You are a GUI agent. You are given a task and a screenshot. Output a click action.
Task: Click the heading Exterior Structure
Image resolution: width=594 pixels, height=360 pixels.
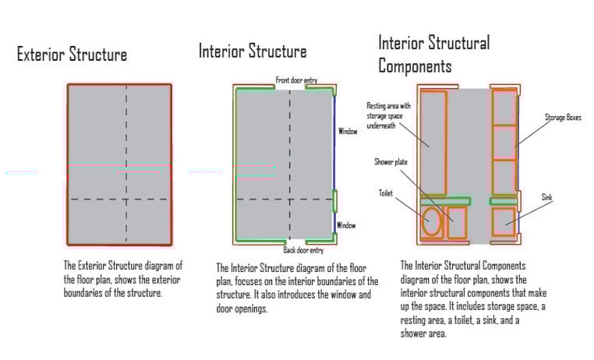(72, 55)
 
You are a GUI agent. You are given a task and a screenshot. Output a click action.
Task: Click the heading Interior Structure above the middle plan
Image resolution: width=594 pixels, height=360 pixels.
(253, 52)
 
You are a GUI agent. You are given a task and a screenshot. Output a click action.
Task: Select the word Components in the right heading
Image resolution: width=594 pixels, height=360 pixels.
(415, 66)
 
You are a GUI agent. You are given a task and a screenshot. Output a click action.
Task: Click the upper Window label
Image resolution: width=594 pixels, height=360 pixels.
(348, 132)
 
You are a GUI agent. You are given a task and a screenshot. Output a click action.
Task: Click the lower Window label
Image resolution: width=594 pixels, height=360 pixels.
(346, 226)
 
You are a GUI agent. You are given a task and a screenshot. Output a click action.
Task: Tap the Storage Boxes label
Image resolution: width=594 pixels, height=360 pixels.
(563, 118)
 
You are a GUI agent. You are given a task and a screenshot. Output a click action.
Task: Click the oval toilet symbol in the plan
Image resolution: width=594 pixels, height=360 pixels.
(431, 222)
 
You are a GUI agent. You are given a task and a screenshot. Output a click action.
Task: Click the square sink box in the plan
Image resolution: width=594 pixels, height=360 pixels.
(504, 221)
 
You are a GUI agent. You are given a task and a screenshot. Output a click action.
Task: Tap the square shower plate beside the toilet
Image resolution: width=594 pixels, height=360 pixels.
(456, 222)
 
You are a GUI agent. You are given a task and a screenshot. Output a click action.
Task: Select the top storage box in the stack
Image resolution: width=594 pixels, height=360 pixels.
(504, 107)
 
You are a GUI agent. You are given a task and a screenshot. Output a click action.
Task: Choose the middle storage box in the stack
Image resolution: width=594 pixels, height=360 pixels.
(504, 142)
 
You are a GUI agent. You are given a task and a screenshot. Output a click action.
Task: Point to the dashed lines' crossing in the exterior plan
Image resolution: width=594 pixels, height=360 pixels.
(126, 199)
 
